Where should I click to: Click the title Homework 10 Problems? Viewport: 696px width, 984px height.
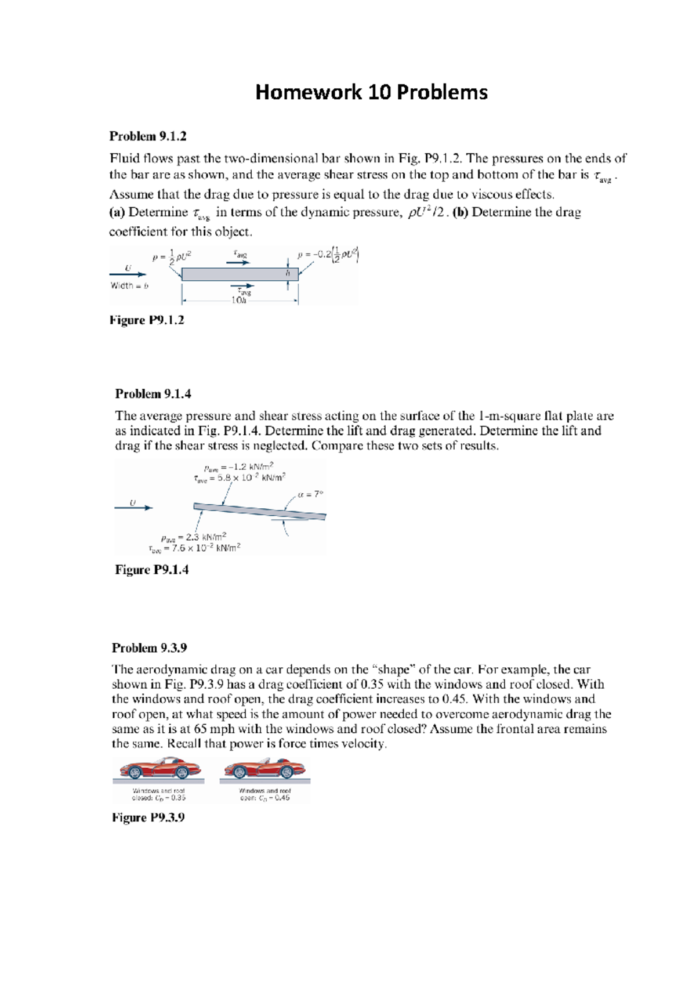[371, 92]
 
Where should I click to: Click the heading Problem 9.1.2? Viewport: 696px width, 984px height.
[148, 136]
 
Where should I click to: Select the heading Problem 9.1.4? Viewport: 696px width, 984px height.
[153, 394]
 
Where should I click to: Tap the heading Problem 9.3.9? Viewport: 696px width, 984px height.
[149, 648]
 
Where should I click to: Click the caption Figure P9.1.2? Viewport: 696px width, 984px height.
[147, 320]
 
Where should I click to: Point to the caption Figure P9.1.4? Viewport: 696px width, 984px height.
[152, 570]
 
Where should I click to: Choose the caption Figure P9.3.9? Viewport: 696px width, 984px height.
[148, 817]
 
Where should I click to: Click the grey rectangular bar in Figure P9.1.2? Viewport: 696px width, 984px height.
[240, 274]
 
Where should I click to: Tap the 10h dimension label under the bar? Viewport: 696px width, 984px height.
[239, 301]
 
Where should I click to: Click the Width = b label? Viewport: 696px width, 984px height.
[129, 285]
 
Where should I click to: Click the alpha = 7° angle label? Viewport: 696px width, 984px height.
[310, 494]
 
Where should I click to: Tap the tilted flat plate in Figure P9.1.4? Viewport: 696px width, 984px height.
[259, 511]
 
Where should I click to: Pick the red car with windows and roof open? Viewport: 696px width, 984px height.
[264, 769]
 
